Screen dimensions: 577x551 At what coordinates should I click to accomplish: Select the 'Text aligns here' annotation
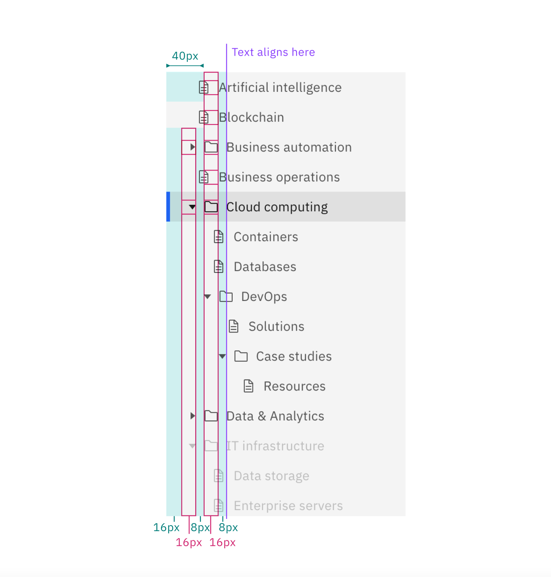tap(273, 52)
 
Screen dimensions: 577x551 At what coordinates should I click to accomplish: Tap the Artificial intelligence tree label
tap(280, 88)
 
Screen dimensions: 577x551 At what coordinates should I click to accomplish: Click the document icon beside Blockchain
tap(204, 117)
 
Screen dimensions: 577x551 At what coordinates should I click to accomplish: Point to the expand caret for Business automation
tap(192, 147)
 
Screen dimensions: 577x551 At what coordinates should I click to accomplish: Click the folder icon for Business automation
tap(211, 147)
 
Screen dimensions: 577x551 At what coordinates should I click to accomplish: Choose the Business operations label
tap(279, 177)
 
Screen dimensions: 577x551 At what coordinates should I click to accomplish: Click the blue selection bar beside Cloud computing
tap(168, 207)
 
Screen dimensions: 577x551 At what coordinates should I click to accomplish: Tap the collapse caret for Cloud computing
tap(192, 207)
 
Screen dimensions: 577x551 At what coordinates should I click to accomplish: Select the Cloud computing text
tap(277, 207)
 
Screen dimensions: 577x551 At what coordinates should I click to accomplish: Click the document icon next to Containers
tap(219, 237)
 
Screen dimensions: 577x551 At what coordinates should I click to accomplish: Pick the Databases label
tap(265, 267)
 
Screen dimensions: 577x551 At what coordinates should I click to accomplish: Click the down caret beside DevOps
tap(207, 297)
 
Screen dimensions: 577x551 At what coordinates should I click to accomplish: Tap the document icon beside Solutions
tap(233, 326)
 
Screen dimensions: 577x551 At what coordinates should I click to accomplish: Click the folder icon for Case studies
tap(241, 356)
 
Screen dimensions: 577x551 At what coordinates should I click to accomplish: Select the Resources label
tap(295, 386)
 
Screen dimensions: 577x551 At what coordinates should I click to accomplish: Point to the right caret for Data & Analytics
tap(192, 416)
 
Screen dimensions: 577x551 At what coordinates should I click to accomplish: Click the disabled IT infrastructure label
tap(275, 446)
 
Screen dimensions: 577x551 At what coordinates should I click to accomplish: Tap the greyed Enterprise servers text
tap(288, 506)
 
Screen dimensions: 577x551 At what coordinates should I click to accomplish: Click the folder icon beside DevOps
tap(226, 297)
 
